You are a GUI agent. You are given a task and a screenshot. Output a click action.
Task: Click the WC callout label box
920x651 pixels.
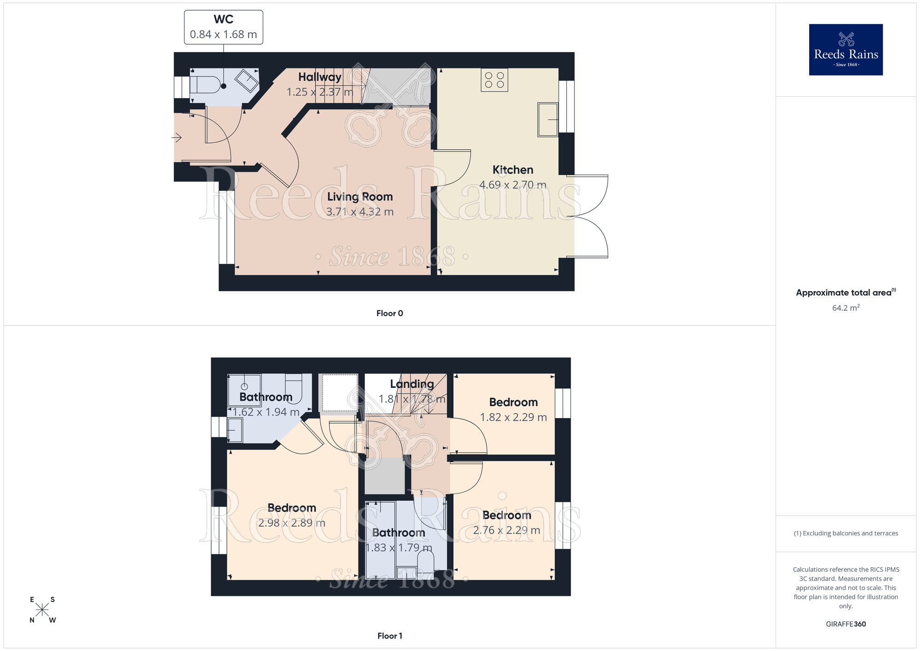pyautogui.click(x=224, y=27)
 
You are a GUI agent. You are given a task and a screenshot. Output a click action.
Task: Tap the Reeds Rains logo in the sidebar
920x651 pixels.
pyautogui.click(x=845, y=50)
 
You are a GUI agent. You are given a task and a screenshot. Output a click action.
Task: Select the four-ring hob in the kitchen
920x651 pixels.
pyautogui.click(x=494, y=80)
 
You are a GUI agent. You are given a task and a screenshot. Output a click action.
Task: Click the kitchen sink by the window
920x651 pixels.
pyautogui.click(x=548, y=120)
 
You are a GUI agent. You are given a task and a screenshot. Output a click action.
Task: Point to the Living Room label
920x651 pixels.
pyautogui.click(x=360, y=197)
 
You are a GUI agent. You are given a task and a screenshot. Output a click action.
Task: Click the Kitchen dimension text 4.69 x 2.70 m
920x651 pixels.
pyautogui.click(x=513, y=185)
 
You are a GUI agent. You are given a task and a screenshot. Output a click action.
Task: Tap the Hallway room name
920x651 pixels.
pyautogui.click(x=320, y=77)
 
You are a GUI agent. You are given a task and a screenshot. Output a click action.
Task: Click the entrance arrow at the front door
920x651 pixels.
pyautogui.click(x=177, y=137)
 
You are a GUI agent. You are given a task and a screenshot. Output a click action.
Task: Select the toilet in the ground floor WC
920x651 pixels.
pyautogui.click(x=206, y=85)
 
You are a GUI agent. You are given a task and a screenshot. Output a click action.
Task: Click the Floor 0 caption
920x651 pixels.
pyautogui.click(x=390, y=314)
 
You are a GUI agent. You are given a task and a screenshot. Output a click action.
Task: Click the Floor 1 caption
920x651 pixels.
pyautogui.click(x=390, y=636)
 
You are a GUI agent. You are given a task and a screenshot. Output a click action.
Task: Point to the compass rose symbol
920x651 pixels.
pyautogui.click(x=42, y=610)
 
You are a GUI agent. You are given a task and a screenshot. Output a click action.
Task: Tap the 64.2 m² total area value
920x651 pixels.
pyautogui.click(x=845, y=308)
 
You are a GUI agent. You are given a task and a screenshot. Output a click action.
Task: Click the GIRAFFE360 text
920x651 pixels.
pyautogui.click(x=845, y=624)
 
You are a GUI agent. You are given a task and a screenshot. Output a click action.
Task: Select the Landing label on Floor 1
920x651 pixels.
pyautogui.click(x=412, y=384)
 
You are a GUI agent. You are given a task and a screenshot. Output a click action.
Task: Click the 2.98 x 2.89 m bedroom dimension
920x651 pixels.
pyautogui.click(x=292, y=523)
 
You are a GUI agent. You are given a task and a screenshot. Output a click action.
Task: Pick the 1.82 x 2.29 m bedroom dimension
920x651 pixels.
pyautogui.click(x=513, y=418)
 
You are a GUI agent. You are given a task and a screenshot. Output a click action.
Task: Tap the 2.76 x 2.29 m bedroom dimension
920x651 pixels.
pyautogui.click(x=506, y=530)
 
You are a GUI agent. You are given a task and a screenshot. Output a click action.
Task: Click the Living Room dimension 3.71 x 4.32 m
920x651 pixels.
pyautogui.click(x=360, y=212)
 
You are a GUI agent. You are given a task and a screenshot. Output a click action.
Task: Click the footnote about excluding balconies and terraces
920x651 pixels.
pyautogui.click(x=845, y=534)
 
